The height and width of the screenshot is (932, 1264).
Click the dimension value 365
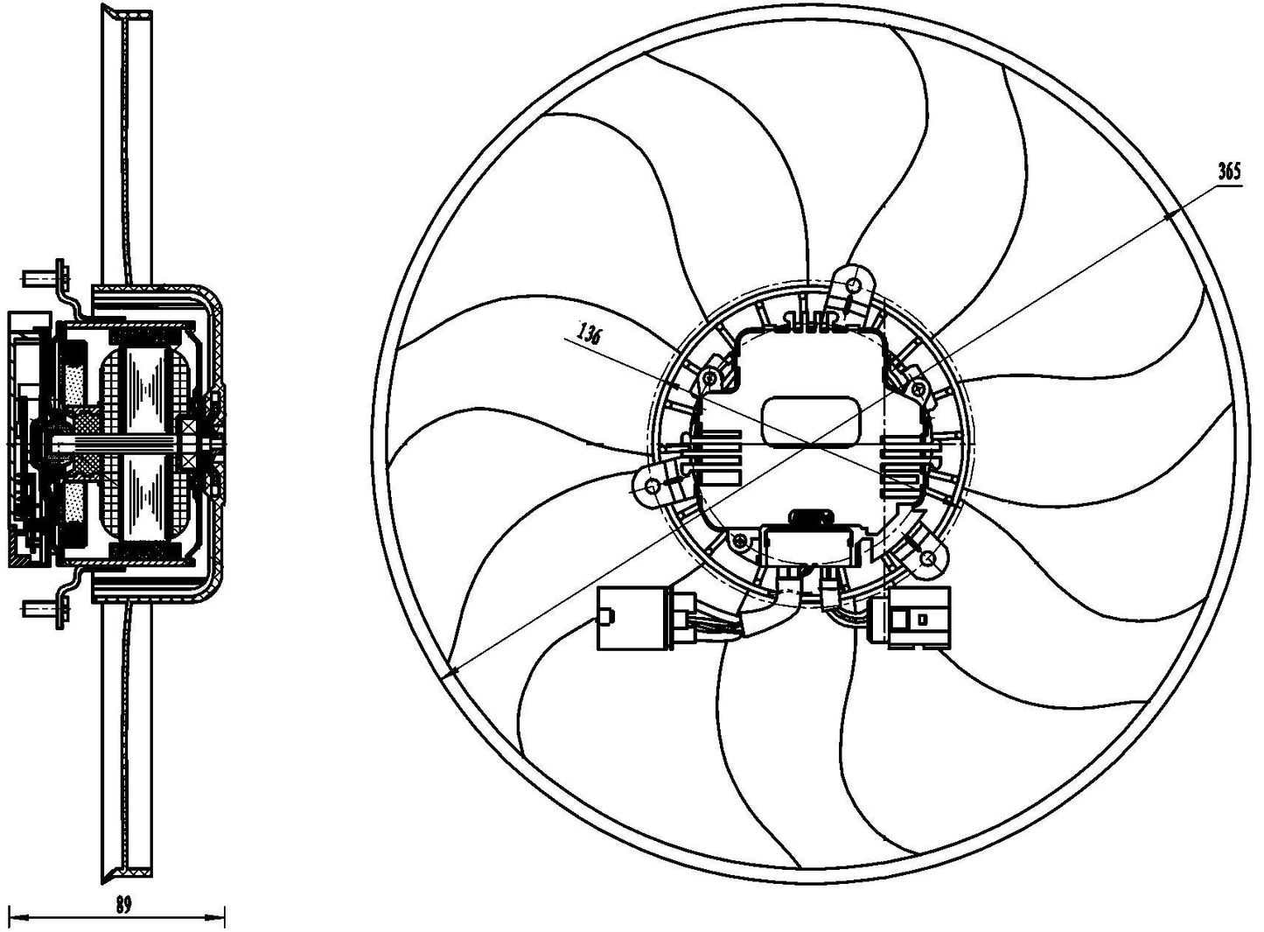pos(1230,172)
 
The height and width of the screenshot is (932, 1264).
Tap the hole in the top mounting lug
pos(854,285)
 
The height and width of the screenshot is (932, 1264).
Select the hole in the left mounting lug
pos(653,485)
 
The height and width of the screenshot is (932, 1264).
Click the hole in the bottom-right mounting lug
pos(928,558)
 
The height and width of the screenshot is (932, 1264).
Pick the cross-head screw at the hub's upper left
pos(710,377)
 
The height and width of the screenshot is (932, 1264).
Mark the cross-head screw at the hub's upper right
pos(918,389)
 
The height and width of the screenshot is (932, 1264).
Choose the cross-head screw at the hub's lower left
pos(739,543)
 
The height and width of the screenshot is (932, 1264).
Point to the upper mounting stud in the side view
pos(46,277)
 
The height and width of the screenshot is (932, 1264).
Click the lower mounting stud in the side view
pos(46,607)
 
